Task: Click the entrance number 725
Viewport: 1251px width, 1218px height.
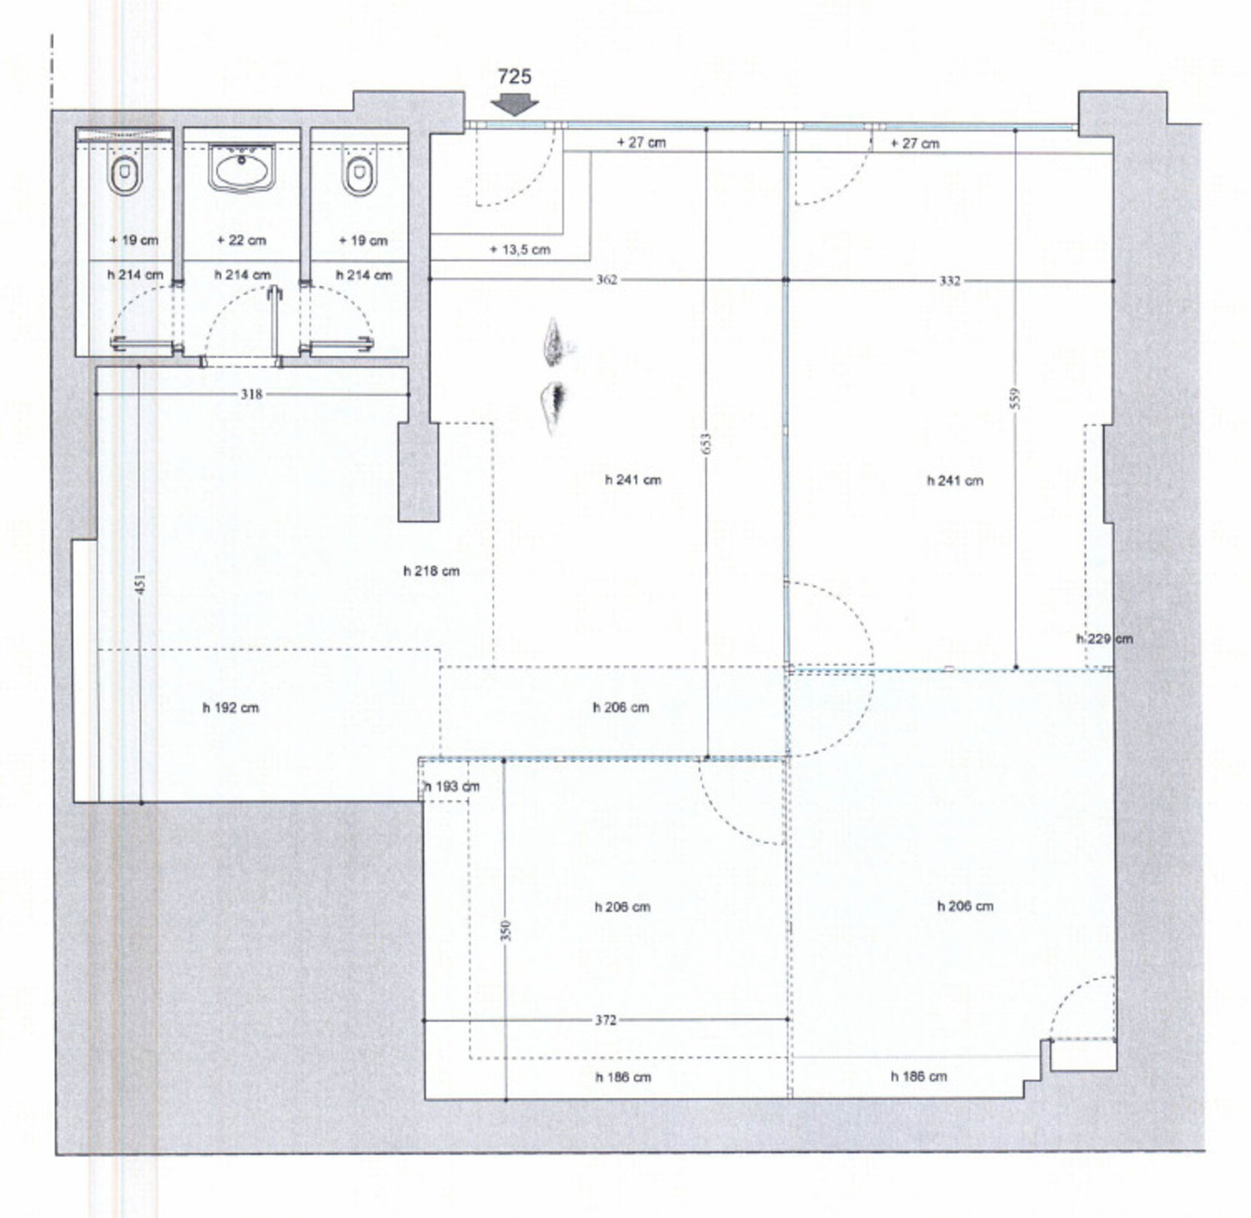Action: click(x=514, y=77)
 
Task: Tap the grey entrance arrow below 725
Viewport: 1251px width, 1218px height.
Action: click(x=514, y=105)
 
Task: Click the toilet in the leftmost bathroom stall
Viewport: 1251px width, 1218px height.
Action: click(x=125, y=175)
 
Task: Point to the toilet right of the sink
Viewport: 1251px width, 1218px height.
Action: click(x=359, y=175)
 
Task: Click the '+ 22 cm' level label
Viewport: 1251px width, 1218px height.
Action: click(x=241, y=241)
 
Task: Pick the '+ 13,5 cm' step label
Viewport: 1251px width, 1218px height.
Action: click(x=520, y=250)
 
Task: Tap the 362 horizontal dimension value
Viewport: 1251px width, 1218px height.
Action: click(x=607, y=280)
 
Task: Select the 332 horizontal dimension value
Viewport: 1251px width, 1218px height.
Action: click(x=950, y=281)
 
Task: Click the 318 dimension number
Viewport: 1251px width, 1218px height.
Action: click(x=252, y=394)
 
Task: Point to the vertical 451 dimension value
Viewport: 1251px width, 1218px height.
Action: click(x=140, y=584)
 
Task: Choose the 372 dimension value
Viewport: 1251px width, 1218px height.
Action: click(x=606, y=1020)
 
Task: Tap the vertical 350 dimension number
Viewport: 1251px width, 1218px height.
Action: click(x=505, y=930)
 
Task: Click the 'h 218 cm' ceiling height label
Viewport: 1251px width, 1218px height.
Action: click(x=432, y=571)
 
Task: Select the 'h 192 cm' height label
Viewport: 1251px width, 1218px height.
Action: click(x=231, y=707)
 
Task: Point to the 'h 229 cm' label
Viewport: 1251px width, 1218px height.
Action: click(x=1104, y=639)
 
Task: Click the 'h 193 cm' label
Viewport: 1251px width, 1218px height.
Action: click(x=452, y=787)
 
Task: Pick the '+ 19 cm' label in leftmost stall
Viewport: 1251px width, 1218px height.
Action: click(x=134, y=241)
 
